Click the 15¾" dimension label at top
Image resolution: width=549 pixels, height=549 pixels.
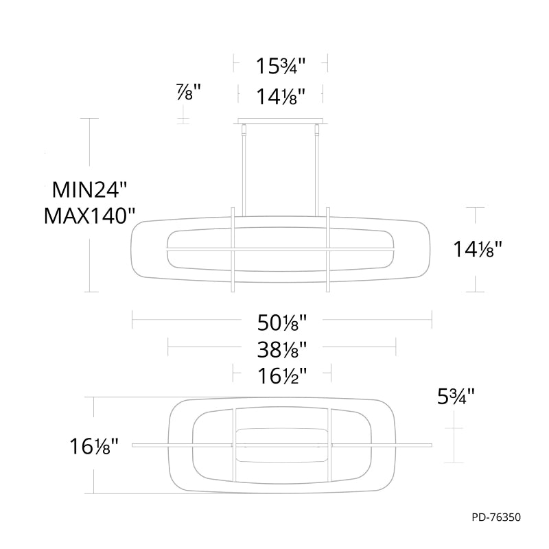pyautogui.click(x=281, y=65)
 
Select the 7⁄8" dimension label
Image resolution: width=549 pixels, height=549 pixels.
pyautogui.click(x=189, y=92)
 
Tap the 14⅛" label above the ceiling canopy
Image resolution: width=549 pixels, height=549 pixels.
pyautogui.click(x=281, y=97)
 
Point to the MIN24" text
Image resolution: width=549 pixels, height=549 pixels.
pyautogui.click(x=89, y=190)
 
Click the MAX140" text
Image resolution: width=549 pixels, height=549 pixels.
pyautogui.click(x=89, y=215)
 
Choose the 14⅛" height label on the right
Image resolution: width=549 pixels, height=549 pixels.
pyautogui.click(x=478, y=249)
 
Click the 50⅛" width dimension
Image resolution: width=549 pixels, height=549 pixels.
pyautogui.click(x=282, y=323)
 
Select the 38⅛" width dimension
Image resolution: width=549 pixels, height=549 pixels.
pyautogui.click(x=282, y=349)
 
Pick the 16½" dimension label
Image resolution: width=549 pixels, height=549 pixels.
pyautogui.click(x=282, y=376)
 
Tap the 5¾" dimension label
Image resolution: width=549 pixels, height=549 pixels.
pyautogui.click(x=456, y=397)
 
